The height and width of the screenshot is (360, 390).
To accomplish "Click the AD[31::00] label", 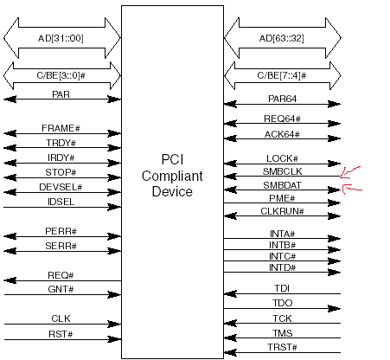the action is click(x=61, y=38).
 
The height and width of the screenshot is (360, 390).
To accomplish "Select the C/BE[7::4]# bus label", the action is click(x=282, y=75).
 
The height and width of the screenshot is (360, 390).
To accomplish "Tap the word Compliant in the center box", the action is click(x=172, y=177).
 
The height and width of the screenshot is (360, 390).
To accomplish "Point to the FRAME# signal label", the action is click(x=61, y=128).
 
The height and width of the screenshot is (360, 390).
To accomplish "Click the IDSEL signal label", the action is click(x=61, y=202).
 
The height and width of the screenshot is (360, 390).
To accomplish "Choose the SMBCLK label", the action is click(x=282, y=171).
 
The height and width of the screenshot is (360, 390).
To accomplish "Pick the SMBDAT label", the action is click(x=282, y=185).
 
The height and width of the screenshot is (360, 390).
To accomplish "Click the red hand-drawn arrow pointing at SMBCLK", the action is click(x=349, y=172).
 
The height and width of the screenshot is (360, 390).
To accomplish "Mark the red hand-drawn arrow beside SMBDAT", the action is click(x=352, y=190).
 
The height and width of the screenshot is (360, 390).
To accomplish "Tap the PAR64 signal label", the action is click(x=282, y=99).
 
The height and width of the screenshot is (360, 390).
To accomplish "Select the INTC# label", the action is click(x=282, y=256).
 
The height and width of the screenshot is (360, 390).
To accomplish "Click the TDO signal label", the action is click(x=283, y=303).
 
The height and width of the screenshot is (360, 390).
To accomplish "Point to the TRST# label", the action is click(x=282, y=347).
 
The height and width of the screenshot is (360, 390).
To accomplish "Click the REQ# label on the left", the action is click(x=61, y=275).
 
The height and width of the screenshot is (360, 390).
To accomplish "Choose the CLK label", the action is click(x=61, y=318).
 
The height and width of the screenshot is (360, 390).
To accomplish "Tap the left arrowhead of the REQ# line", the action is click(x=10, y=280).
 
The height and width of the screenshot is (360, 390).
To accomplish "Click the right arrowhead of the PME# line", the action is click(x=335, y=203).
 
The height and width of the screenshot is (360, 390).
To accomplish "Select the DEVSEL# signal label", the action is click(x=61, y=187).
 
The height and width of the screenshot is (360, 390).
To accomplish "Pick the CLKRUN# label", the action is click(x=282, y=211).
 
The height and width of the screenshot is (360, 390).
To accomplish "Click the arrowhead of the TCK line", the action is click(x=230, y=324).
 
